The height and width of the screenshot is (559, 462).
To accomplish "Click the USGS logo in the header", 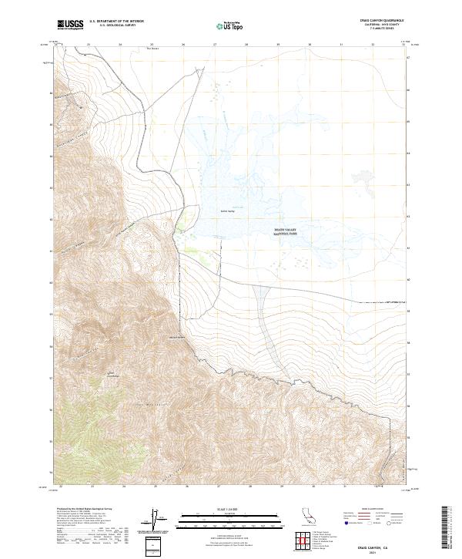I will click(x=70, y=25).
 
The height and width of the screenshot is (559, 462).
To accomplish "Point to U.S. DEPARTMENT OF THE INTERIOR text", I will click(x=116, y=22).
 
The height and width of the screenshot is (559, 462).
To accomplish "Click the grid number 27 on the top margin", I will click(x=215, y=45).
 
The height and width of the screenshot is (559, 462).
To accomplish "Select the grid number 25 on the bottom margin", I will click(x=156, y=487).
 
